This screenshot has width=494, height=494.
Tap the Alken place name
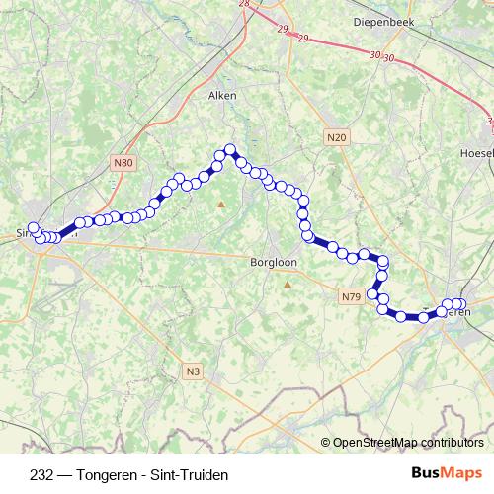(x=220, y=96)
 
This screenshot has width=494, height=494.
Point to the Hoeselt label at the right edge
(x=476, y=154)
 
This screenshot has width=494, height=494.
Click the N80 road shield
(x=123, y=161)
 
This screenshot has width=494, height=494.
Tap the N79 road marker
(x=351, y=296)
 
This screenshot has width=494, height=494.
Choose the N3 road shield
(x=193, y=371)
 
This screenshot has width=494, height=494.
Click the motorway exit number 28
(x=244, y=4)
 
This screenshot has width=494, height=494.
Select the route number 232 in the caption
(x=42, y=473)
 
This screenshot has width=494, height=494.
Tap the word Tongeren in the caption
(x=108, y=473)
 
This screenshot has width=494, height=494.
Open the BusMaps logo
(x=447, y=472)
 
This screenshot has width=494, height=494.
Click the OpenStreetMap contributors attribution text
(x=409, y=443)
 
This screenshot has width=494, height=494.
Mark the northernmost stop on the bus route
(x=229, y=150)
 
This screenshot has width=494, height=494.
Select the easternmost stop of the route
(x=461, y=304)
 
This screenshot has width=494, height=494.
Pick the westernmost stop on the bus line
(x=33, y=228)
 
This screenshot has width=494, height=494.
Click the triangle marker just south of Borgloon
(x=288, y=285)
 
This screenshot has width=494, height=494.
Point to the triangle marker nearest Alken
(x=221, y=205)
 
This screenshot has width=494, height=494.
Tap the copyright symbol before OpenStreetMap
(x=327, y=443)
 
